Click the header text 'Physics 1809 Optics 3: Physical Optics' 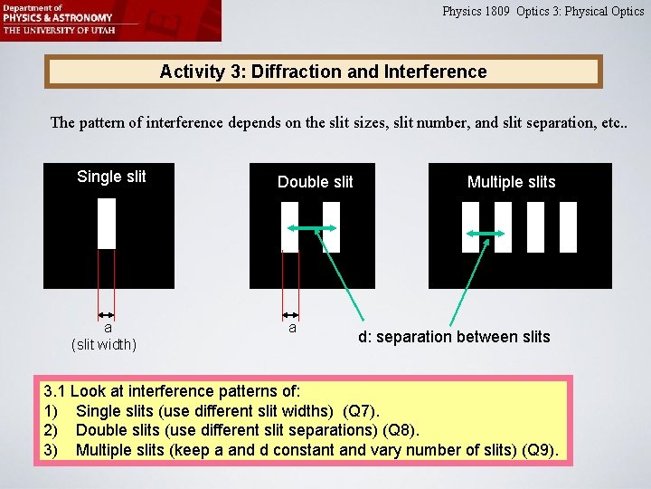coord(542,12)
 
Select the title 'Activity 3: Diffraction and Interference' coord(323,72)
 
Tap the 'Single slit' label coord(111,177)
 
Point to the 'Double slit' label coord(315,182)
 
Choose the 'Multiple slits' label coord(511,182)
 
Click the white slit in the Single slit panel coord(107,223)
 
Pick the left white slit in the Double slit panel coord(289,226)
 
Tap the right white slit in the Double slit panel coord(331,226)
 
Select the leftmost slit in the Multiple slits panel coord(470,226)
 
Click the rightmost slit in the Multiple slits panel coord(568,226)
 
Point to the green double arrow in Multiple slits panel coord(486,235)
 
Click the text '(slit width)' coord(104,344)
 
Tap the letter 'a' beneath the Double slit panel coord(291,328)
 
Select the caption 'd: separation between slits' coord(454,337)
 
